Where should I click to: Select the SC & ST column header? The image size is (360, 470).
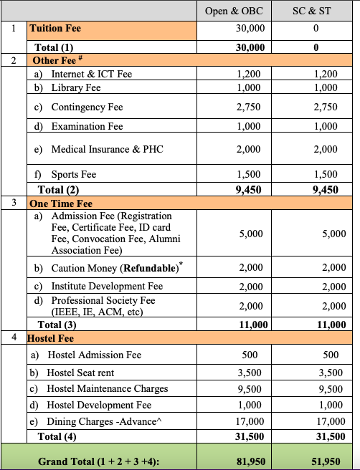[x=315, y=11]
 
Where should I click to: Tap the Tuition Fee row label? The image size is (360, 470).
[x=55, y=29]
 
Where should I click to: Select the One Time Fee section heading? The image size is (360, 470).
[x=61, y=204]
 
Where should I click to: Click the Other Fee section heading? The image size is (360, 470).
[x=51, y=61]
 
